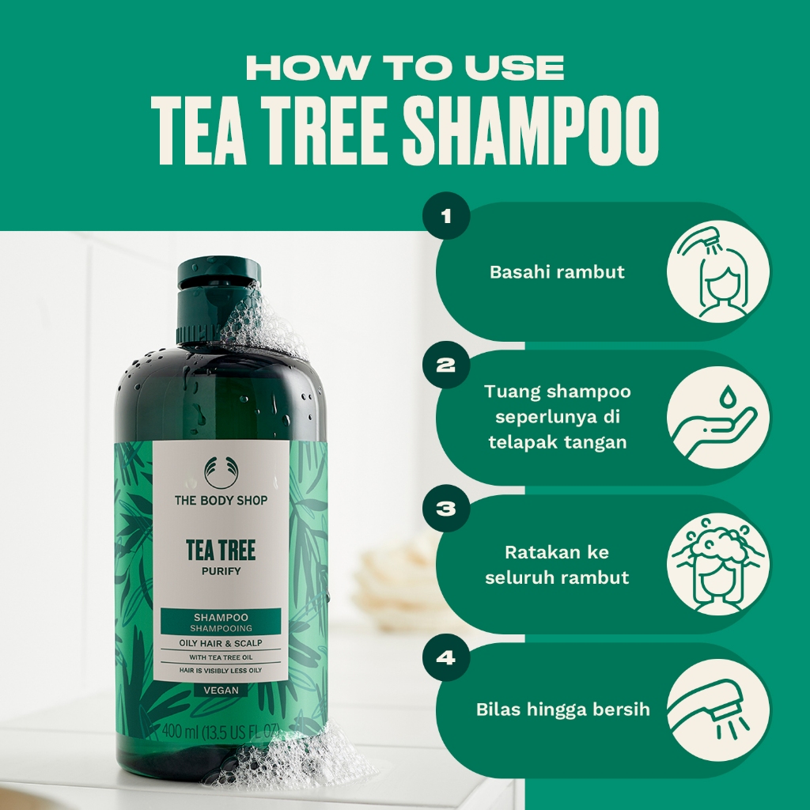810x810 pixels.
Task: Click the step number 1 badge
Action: pyautogui.click(x=446, y=216)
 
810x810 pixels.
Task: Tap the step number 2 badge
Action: pyautogui.click(x=446, y=365)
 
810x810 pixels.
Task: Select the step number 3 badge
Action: pyautogui.click(x=446, y=509)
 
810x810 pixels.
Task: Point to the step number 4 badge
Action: pyautogui.click(x=446, y=657)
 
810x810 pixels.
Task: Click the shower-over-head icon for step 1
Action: pyautogui.click(x=717, y=272)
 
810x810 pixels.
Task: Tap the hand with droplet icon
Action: pyautogui.click(x=717, y=418)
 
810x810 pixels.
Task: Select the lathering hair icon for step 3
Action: pyautogui.click(x=717, y=563)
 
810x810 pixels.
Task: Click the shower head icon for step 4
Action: pyautogui.click(x=717, y=710)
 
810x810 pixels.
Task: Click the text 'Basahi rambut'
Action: pyautogui.click(x=557, y=272)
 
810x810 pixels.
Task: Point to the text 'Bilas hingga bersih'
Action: pyautogui.click(x=562, y=710)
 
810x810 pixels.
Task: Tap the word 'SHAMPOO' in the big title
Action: pyautogui.click(x=531, y=131)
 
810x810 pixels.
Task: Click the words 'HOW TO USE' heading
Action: pyautogui.click(x=405, y=68)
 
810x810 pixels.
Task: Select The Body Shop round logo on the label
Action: pyautogui.click(x=221, y=473)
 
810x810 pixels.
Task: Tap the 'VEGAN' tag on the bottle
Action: pyautogui.click(x=221, y=690)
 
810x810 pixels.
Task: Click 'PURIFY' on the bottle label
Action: pyautogui.click(x=221, y=571)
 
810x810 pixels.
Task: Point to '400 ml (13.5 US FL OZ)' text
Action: pyautogui.click(x=221, y=732)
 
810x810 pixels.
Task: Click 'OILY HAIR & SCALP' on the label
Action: pyautogui.click(x=221, y=643)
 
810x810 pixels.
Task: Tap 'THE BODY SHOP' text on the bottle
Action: pyautogui.click(x=221, y=500)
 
